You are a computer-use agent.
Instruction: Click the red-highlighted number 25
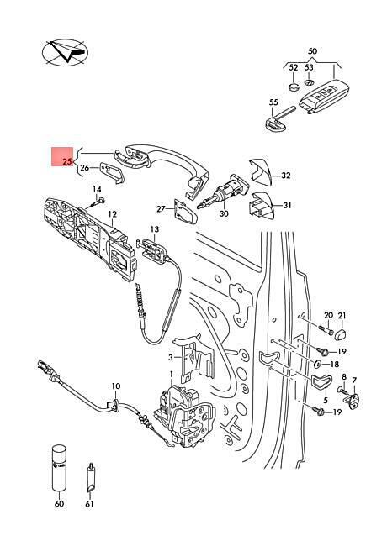click(67, 161)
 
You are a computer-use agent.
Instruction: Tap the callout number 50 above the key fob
click(312, 51)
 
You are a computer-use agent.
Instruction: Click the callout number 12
click(112, 214)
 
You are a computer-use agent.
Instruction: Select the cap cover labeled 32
click(260, 172)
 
